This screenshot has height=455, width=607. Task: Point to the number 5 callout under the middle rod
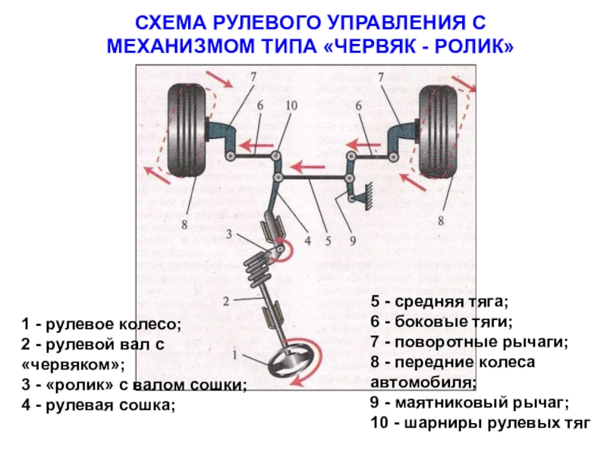pos(328,242)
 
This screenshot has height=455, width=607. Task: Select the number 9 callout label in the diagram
pos(352,242)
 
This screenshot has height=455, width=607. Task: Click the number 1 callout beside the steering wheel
pos(236,354)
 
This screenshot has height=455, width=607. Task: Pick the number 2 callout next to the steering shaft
pos(226,301)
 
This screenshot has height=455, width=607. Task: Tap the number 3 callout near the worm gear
pos(228,234)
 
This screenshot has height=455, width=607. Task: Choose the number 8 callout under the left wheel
pos(184,223)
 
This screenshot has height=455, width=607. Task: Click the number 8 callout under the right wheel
pos(441,221)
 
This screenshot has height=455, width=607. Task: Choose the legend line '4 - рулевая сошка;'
pos(98,404)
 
